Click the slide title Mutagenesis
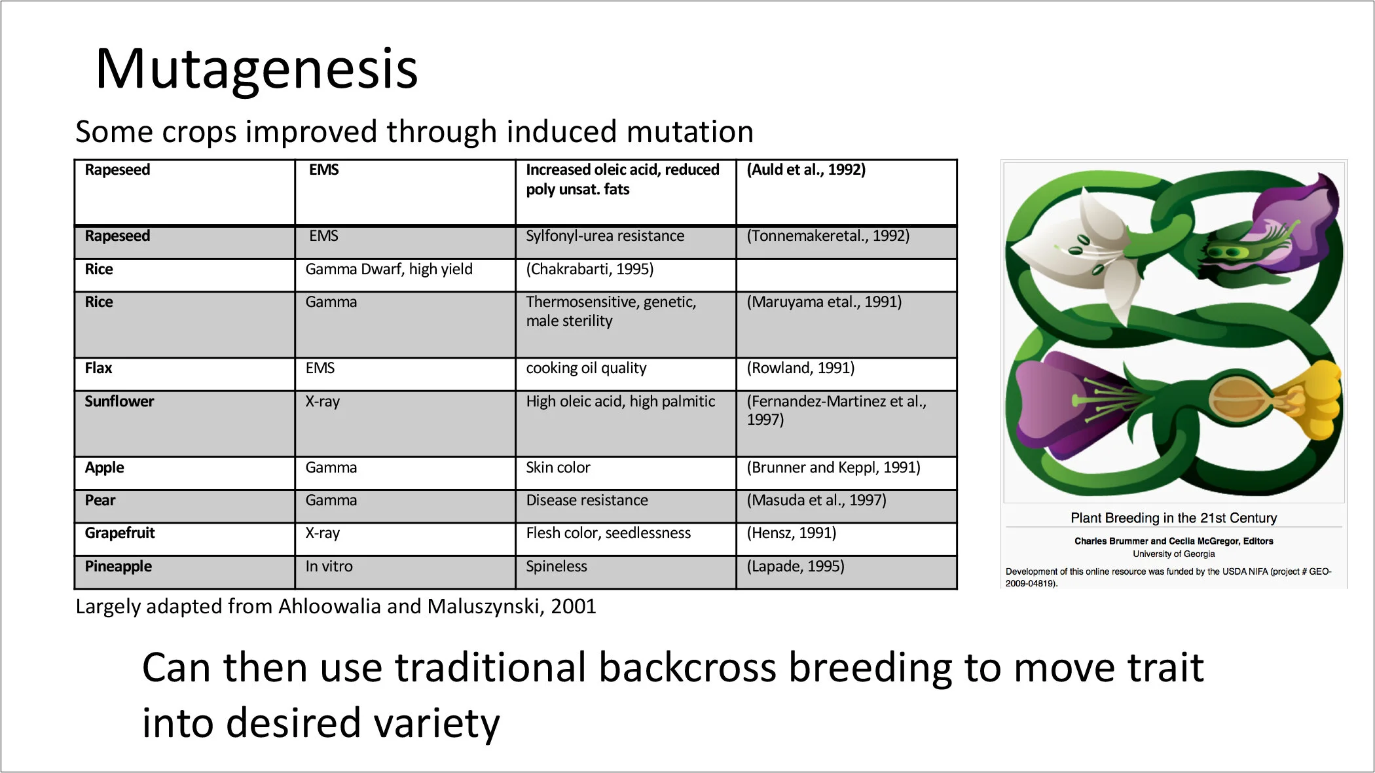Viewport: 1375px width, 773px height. [257, 69]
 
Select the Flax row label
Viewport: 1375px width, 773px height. [98, 368]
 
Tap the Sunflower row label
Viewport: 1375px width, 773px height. [119, 401]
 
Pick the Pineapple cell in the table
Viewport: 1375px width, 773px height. [118, 566]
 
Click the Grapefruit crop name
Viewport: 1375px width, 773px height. [120, 533]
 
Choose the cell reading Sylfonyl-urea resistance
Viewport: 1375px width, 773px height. [605, 236]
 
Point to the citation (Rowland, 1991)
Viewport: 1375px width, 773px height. [801, 368]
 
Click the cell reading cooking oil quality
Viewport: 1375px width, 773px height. [586, 368]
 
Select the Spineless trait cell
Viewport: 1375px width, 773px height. [557, 566]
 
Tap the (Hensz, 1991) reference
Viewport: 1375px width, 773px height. [792, 533]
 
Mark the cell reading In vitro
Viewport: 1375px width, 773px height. [329, 566]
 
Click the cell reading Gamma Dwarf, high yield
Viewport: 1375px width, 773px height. [389, 269]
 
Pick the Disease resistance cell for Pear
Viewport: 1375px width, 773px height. [587, 500]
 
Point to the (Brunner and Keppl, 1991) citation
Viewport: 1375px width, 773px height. [834, 467]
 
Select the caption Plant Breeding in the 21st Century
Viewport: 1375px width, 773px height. [1173, 518]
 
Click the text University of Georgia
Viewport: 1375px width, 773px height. [1173, 554]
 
